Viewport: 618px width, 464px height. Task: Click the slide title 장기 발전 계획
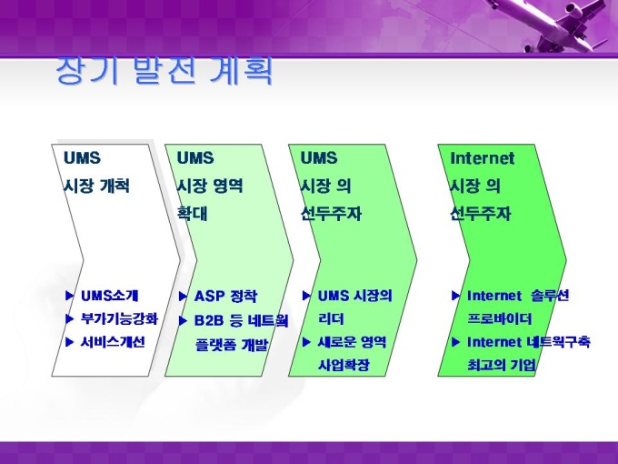click(x=164, y=70)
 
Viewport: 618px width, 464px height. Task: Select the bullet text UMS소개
click(x=110, y=296)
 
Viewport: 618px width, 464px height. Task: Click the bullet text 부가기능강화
click(x=119, y=318)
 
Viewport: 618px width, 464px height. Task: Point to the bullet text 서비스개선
click(x=113, y=342)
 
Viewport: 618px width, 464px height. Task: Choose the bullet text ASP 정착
click(x=225, y=296)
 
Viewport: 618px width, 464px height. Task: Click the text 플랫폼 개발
click(x=232, y=345)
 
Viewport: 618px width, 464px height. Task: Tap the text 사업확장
click(x=344, y=365)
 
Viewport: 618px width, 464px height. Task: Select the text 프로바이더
click(x=500, y=318)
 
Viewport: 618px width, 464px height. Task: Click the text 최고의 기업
click(x=502, y=365)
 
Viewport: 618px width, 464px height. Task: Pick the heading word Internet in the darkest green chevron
click(x=482, y=158)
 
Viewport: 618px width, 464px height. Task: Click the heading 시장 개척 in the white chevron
click(x=96, y=186)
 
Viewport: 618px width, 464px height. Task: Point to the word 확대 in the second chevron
click(x=192, y=214)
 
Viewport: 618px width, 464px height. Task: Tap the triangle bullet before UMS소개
click(x=70, y=296)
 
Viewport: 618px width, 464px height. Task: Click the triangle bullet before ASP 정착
click(x=183, y=297)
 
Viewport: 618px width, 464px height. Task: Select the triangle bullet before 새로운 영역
click(x=306, y=342)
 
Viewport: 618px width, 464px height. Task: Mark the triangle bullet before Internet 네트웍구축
click(x=455, y=342)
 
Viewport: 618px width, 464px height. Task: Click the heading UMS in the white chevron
click(x=82, y=158)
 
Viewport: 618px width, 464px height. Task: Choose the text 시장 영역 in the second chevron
click(x=210, y=186)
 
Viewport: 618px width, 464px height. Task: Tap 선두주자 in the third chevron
click(x=331, y=214)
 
